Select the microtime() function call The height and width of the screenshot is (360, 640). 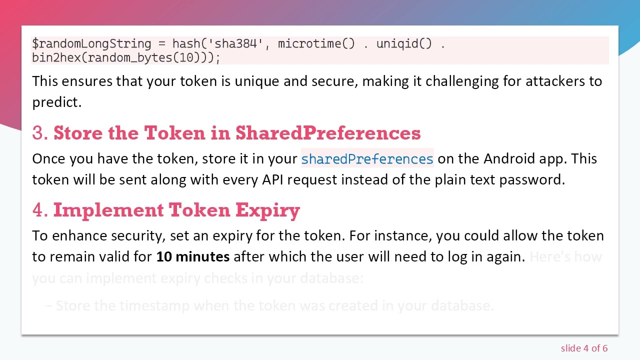pos(316,43)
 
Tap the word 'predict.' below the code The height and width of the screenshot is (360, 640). pos(56,102)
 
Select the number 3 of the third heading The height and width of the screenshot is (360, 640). pos(38,133)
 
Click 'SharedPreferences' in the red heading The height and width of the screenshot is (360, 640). pos(328,133)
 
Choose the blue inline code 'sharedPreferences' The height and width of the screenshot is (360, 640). pos(367,159)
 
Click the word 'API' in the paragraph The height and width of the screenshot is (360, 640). pos(273,179)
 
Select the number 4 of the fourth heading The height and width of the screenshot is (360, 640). pos(38,210)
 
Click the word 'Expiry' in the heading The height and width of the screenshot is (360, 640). pos(267,210)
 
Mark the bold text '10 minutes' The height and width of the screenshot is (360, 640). pos(193,256)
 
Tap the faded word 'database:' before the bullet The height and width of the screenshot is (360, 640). pos(333,277)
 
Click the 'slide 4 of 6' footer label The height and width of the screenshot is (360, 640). pos(584,348)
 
